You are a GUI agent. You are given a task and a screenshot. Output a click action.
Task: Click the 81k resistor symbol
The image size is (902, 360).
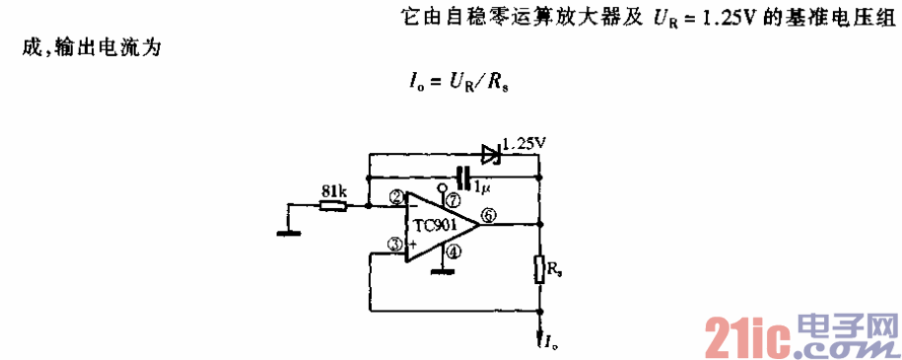point(334,206)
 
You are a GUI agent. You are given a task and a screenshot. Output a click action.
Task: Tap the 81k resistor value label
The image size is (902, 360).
point(334,191)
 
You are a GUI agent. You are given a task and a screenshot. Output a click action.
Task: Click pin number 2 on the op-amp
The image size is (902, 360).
point(395,197)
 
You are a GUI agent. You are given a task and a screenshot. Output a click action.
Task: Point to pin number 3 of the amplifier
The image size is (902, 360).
point(395,243)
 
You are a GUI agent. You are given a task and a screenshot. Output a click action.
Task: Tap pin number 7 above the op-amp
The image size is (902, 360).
point(452,200)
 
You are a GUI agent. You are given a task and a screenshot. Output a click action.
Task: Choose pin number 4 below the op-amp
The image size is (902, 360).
point(452,251)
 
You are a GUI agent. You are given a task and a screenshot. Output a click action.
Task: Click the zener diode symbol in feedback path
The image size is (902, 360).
point(490,153)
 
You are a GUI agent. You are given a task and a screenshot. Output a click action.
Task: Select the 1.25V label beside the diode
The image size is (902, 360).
point(523,142)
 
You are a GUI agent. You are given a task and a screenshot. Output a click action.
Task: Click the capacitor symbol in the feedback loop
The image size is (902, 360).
point(460,178)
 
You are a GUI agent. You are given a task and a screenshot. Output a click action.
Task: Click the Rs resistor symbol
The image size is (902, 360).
point(539,269)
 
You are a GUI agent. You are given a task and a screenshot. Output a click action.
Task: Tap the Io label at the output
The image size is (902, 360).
point(552,341)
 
